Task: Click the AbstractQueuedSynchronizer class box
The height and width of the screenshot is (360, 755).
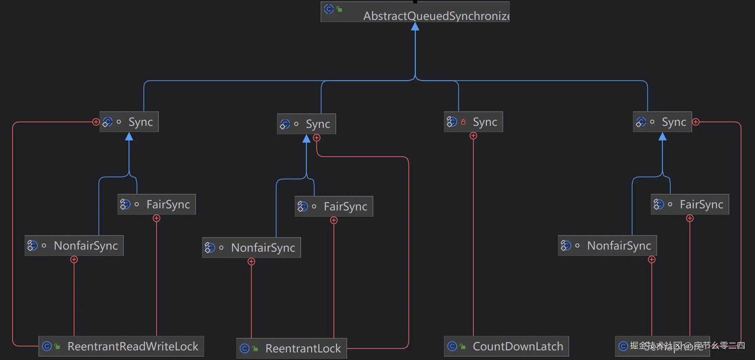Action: [415, 12]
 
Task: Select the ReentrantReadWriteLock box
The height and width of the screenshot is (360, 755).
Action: [121, 346]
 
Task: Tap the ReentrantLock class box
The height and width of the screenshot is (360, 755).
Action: [291, 348]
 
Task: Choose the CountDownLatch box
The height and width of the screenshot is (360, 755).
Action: [506, 346]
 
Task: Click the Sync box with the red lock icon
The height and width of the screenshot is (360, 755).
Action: [473, 122]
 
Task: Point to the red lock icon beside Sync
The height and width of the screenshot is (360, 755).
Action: [463, 122]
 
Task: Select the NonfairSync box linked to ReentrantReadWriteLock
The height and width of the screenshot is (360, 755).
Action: [74, 246]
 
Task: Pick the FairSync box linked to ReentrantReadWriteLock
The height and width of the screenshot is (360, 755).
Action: [156, 204]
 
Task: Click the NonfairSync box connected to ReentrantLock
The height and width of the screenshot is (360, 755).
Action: [251, 248]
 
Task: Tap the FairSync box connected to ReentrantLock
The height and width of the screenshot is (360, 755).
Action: [334, 206]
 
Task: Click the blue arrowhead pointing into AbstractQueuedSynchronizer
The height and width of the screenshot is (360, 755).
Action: [415, 26]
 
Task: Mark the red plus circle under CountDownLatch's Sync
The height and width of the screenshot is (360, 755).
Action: [473, 136]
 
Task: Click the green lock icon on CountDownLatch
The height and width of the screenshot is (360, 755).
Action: [463, 346]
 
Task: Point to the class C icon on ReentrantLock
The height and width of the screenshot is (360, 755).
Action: [245, 348]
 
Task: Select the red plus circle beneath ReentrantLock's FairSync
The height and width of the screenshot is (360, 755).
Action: [334, 220]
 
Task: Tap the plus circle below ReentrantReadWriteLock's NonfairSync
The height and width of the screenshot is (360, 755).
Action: [74, 260]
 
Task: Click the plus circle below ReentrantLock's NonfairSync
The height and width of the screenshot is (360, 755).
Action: [251, 262]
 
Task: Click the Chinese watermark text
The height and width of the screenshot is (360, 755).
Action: [687, 345]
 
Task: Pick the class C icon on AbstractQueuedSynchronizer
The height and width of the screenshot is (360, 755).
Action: [329, 9]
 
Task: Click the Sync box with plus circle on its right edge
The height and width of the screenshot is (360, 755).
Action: [662, 122]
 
